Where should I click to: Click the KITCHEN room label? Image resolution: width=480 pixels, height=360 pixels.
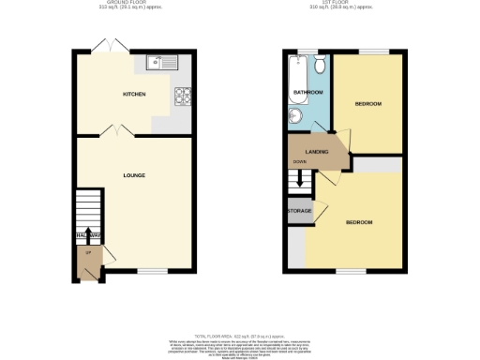click(134, 95)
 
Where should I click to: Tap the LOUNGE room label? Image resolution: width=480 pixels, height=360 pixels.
click(134, 175)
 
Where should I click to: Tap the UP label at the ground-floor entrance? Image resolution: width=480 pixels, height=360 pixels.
click(88, 253)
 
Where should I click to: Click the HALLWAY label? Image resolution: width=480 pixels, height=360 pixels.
click(87, 235)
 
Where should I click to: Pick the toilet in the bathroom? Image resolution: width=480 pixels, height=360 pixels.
click(320, 64)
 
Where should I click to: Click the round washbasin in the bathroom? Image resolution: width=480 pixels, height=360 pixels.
click(295, 115)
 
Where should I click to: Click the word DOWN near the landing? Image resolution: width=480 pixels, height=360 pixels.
click(300, 161)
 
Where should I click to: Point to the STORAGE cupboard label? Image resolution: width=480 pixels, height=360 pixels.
click(300, 211)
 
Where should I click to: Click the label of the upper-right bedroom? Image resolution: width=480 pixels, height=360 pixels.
click(367, 104)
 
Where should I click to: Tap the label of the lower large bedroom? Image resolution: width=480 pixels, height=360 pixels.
click(360, 222)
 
